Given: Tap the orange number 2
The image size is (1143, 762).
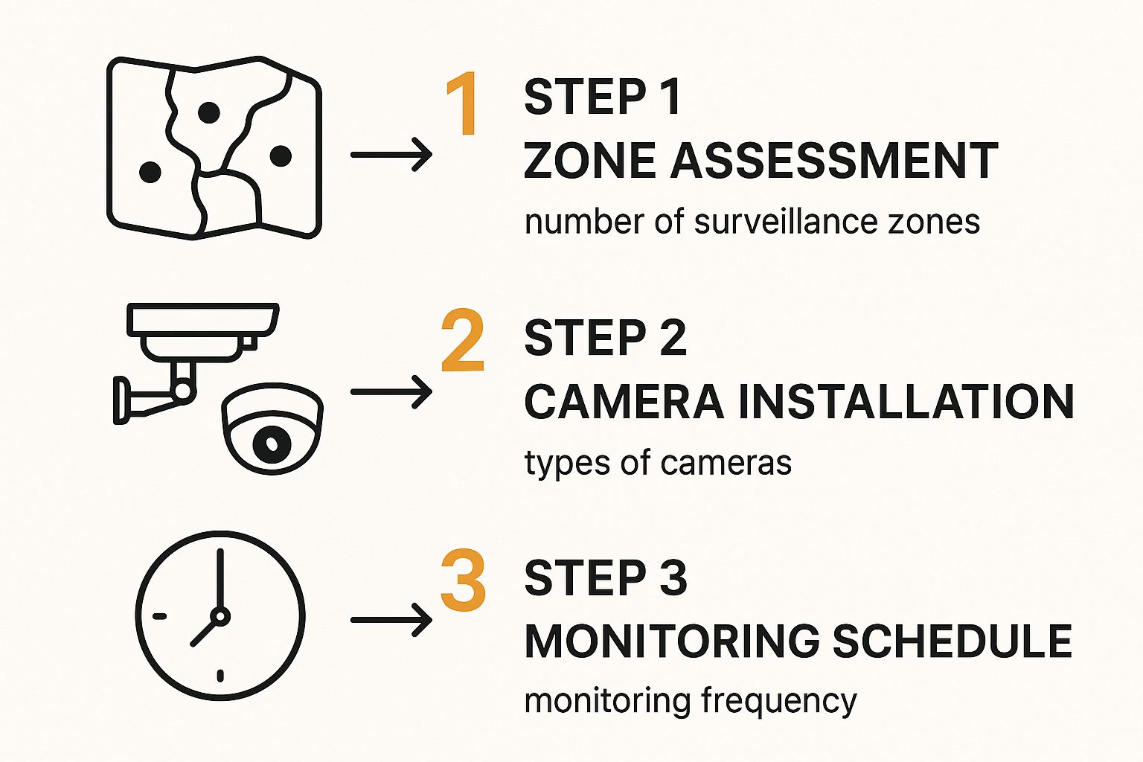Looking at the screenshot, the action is [463, 340].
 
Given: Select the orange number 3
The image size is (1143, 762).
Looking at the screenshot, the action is [464, 580].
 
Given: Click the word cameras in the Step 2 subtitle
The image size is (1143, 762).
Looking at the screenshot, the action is [726, 464].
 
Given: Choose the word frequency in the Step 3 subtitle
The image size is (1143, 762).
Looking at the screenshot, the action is [778, 702].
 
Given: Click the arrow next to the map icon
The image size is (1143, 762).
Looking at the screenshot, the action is [391, 154].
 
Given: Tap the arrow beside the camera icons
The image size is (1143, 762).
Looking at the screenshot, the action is [391, 392].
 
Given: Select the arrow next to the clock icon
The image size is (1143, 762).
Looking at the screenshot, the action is [391, 620].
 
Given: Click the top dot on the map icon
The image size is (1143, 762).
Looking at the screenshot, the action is [208, 112].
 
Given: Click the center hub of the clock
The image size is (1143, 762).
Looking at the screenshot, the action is [220, 616].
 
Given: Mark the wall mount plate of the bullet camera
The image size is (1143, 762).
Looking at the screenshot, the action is [121, 400].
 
